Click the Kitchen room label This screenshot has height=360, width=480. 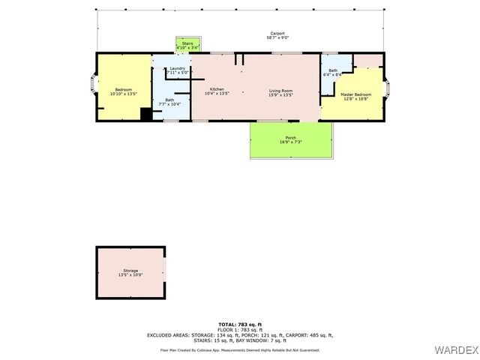(217, 89)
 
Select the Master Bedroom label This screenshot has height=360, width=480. (355, 94)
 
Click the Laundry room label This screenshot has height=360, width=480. (177, 68)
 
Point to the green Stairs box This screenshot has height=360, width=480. (187, 45)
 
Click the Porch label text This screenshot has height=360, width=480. (290, 137)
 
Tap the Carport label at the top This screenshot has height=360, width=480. (277, 34)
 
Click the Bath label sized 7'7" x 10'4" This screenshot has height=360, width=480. (169, 100)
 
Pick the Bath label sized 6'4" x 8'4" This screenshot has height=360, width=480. (332, 70)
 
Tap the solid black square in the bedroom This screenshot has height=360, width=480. (146, 114)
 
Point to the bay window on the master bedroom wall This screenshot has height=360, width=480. (388, 89)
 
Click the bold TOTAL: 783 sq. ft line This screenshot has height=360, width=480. (239, 325)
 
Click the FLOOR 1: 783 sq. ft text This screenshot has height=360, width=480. (239, 330)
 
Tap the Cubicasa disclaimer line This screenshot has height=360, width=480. (239, 349)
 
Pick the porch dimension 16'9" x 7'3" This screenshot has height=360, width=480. (290, 142)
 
